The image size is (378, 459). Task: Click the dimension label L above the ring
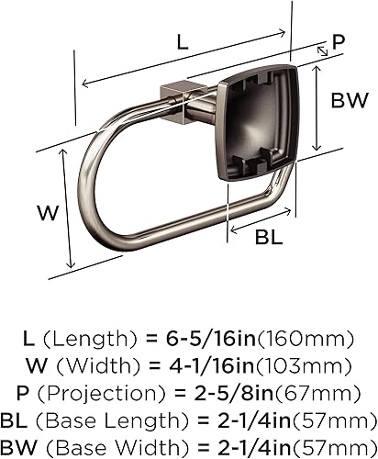click(182, 42)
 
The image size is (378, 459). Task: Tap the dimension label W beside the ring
click(48, 213)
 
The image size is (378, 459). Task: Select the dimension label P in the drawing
click(339, 40)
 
